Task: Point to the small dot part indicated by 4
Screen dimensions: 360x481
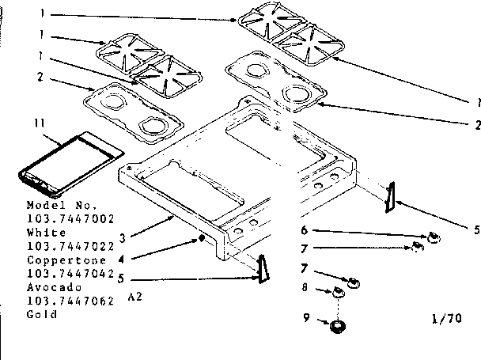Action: coord(203,237)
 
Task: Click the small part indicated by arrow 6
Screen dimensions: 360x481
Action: coord(433,237)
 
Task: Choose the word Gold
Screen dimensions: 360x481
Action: coord(40,313)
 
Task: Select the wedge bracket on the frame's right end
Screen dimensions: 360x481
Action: coord(388,197)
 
